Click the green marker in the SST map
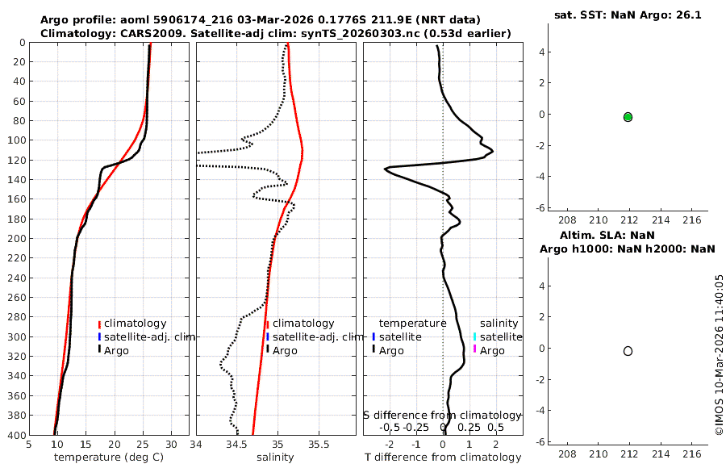coord(628,117)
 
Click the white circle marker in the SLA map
coord(628,351)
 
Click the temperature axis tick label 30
coord(171,445)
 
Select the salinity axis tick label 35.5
coord(319,445)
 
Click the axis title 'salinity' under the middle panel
coord(275,458)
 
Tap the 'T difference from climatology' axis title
coord(443,458)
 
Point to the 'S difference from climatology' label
coord(443,415)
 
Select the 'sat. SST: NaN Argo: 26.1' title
coord(628,15)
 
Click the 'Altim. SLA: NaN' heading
coord(628,235)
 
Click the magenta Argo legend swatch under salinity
coord(475,349)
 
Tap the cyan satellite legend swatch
coord(475,336)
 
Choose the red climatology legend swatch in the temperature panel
coord(99,324)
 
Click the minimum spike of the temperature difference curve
coord(386,169)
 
